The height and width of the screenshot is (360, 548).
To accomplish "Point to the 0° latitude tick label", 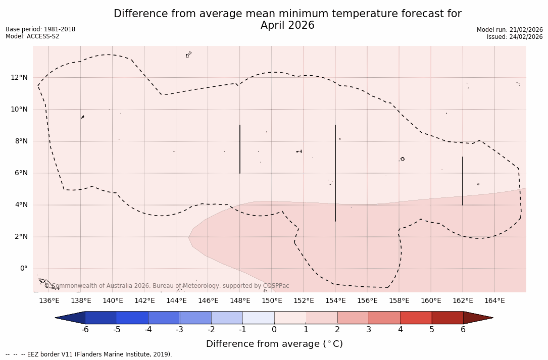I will (x=23, y=269).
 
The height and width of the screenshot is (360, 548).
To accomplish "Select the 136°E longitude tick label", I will (x=49, y=300).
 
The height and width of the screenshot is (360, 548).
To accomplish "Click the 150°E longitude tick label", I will (x=272, y=300).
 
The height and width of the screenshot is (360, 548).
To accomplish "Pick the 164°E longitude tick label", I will (x=494, y=300).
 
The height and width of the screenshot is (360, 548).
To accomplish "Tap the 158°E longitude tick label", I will (x=399, y=300).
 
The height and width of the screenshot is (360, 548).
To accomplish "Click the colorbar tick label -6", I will (x=85, y=330).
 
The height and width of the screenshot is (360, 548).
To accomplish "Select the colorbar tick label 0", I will (x=274, y=330).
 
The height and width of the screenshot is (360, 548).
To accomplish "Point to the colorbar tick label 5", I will (x=432, y=330).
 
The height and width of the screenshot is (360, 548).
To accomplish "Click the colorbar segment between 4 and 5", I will (x=416, y=318).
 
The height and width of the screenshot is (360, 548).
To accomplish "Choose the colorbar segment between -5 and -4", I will (x=132, y=318).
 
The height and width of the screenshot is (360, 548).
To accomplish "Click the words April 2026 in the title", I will (x=287, y=25).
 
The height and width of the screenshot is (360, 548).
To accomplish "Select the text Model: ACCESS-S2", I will (x=32, y=36).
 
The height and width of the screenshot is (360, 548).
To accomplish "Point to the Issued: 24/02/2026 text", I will (x=515, y=37).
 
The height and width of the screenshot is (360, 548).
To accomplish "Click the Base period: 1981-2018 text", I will (x=40, y=29).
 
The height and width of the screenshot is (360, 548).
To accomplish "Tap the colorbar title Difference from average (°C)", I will (x=274, y=344).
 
